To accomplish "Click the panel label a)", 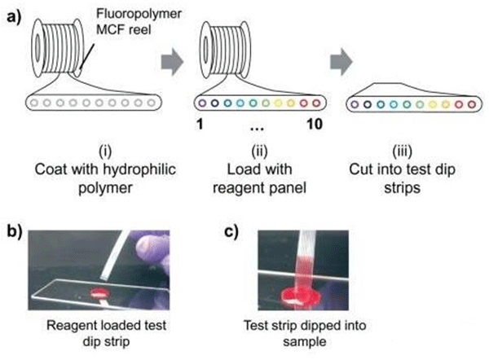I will [x=13, y=13].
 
